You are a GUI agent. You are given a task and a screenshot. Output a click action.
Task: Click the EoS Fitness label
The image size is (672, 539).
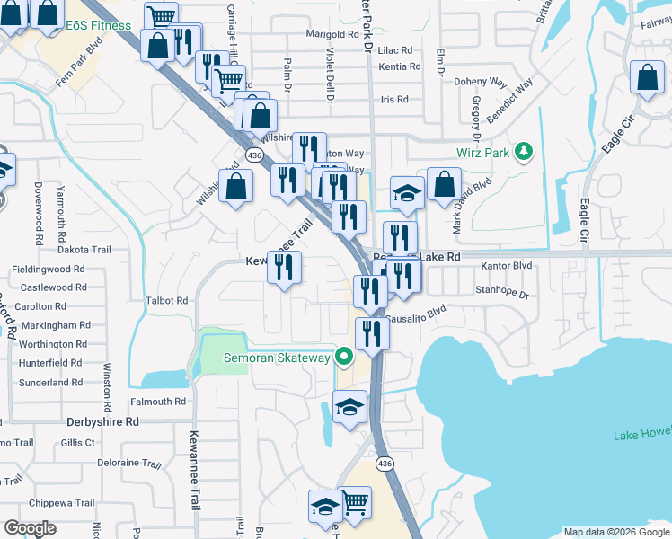pyautogui.click(x=98, y=26)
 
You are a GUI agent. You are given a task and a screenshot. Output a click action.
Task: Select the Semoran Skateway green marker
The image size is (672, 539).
pyautogui.click(x=342, y=358)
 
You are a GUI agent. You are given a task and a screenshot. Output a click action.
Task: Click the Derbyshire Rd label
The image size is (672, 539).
pyautogui.click(x=102, y=420)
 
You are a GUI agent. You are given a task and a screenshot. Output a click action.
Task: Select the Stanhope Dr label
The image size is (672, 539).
pyautogui.click(x=503, y=292)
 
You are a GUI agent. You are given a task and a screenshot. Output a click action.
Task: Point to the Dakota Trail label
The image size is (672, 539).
pyautogui.click(x=84, y=250)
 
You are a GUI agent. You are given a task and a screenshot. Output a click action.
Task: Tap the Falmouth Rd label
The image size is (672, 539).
pyautogui.click(x=157, y=402)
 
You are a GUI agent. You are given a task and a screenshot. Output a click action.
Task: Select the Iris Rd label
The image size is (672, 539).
pyautogui.click(x=394, y=100)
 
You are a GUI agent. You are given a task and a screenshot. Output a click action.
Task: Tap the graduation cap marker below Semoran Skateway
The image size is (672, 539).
pyautogui.click(x=350, y=407)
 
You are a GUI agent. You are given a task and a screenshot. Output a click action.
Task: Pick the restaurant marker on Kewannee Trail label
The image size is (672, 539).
pyautogui.click(x=284, y=268)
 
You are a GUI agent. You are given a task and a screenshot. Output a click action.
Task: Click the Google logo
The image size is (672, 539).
pyautogui.click(x=30, y=528)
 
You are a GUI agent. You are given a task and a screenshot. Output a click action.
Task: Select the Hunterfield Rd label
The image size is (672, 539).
pyautogui.click(x=50, y=363)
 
